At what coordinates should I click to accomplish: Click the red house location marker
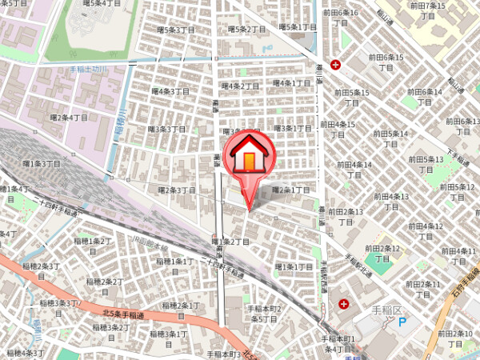[x=249, y=157]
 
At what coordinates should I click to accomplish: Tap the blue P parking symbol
[x=402, y=322]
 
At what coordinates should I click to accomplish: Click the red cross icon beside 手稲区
[x=344, y=304]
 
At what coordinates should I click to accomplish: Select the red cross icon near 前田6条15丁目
[x=335, y=64]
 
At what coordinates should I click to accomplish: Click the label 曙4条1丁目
[x=292, y=82]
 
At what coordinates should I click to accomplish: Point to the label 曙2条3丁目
[x=176, y=190]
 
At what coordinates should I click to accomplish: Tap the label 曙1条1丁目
[x=294, y=266]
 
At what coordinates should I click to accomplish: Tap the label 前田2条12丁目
[x=380, y=254]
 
